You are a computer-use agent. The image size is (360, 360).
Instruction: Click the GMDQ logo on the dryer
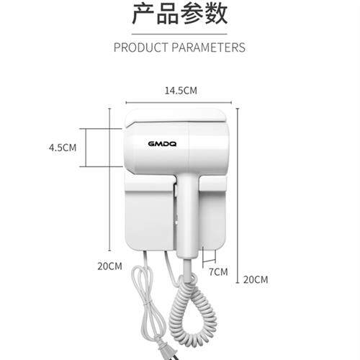[162, 144]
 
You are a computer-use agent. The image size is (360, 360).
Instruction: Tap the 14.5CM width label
[181, 91]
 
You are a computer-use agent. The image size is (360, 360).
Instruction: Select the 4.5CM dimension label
[63, 148]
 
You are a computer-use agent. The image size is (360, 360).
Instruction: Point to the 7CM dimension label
[218, 272]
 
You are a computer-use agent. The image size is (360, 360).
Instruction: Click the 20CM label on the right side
[256, 279]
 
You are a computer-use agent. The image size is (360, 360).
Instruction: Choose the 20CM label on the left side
[109, 266]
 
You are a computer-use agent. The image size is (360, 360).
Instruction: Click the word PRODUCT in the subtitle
[141, 48]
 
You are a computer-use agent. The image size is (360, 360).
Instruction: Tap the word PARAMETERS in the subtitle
[209, 48]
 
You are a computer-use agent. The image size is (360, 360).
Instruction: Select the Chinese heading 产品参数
[180, 14]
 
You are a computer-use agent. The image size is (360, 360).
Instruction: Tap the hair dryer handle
[188, 216]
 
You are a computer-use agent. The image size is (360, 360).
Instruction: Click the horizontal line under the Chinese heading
[179, 34]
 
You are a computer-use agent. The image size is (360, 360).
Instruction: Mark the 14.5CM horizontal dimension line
[179, 103]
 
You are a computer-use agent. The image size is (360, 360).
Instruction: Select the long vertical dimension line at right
[238, 196]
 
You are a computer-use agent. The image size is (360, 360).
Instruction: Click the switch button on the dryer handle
[176, 189]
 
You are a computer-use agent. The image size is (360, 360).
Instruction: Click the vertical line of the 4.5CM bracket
[86, 148]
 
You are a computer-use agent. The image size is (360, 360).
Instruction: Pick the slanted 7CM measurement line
[209, 261]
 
